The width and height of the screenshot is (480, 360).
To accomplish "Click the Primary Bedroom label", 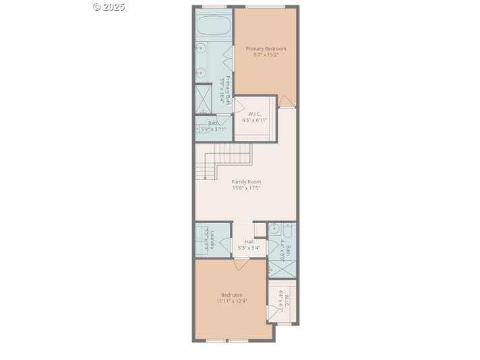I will click(x=266, y=49).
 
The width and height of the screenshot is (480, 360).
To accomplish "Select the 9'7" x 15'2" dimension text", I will click(x=266, y=55).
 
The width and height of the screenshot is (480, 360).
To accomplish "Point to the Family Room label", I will click(x=246, y=181).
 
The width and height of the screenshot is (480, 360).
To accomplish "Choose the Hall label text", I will click(x=249, y=241).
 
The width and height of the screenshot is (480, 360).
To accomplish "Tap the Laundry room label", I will click(x=212, y=240).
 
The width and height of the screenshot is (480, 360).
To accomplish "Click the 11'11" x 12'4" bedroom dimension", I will click(x=231, y=301).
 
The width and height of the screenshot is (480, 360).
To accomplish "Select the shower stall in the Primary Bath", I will click(x=203, y=98).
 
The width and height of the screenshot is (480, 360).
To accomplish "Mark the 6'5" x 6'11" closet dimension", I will click(x=255, y=120).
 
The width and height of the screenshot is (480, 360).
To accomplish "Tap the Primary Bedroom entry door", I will click(x=287, y=101).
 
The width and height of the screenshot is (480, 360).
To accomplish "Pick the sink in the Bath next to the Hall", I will click(x=274, y=231).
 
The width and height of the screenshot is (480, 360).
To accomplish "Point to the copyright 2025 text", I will click(x=109, y=7).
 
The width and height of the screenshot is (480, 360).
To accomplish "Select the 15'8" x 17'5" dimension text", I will click(x=246, y=188).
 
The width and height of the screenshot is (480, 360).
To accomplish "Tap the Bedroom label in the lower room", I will click(x=231, y=295).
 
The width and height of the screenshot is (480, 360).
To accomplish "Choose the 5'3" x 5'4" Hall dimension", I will click(x=249, y=248).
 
